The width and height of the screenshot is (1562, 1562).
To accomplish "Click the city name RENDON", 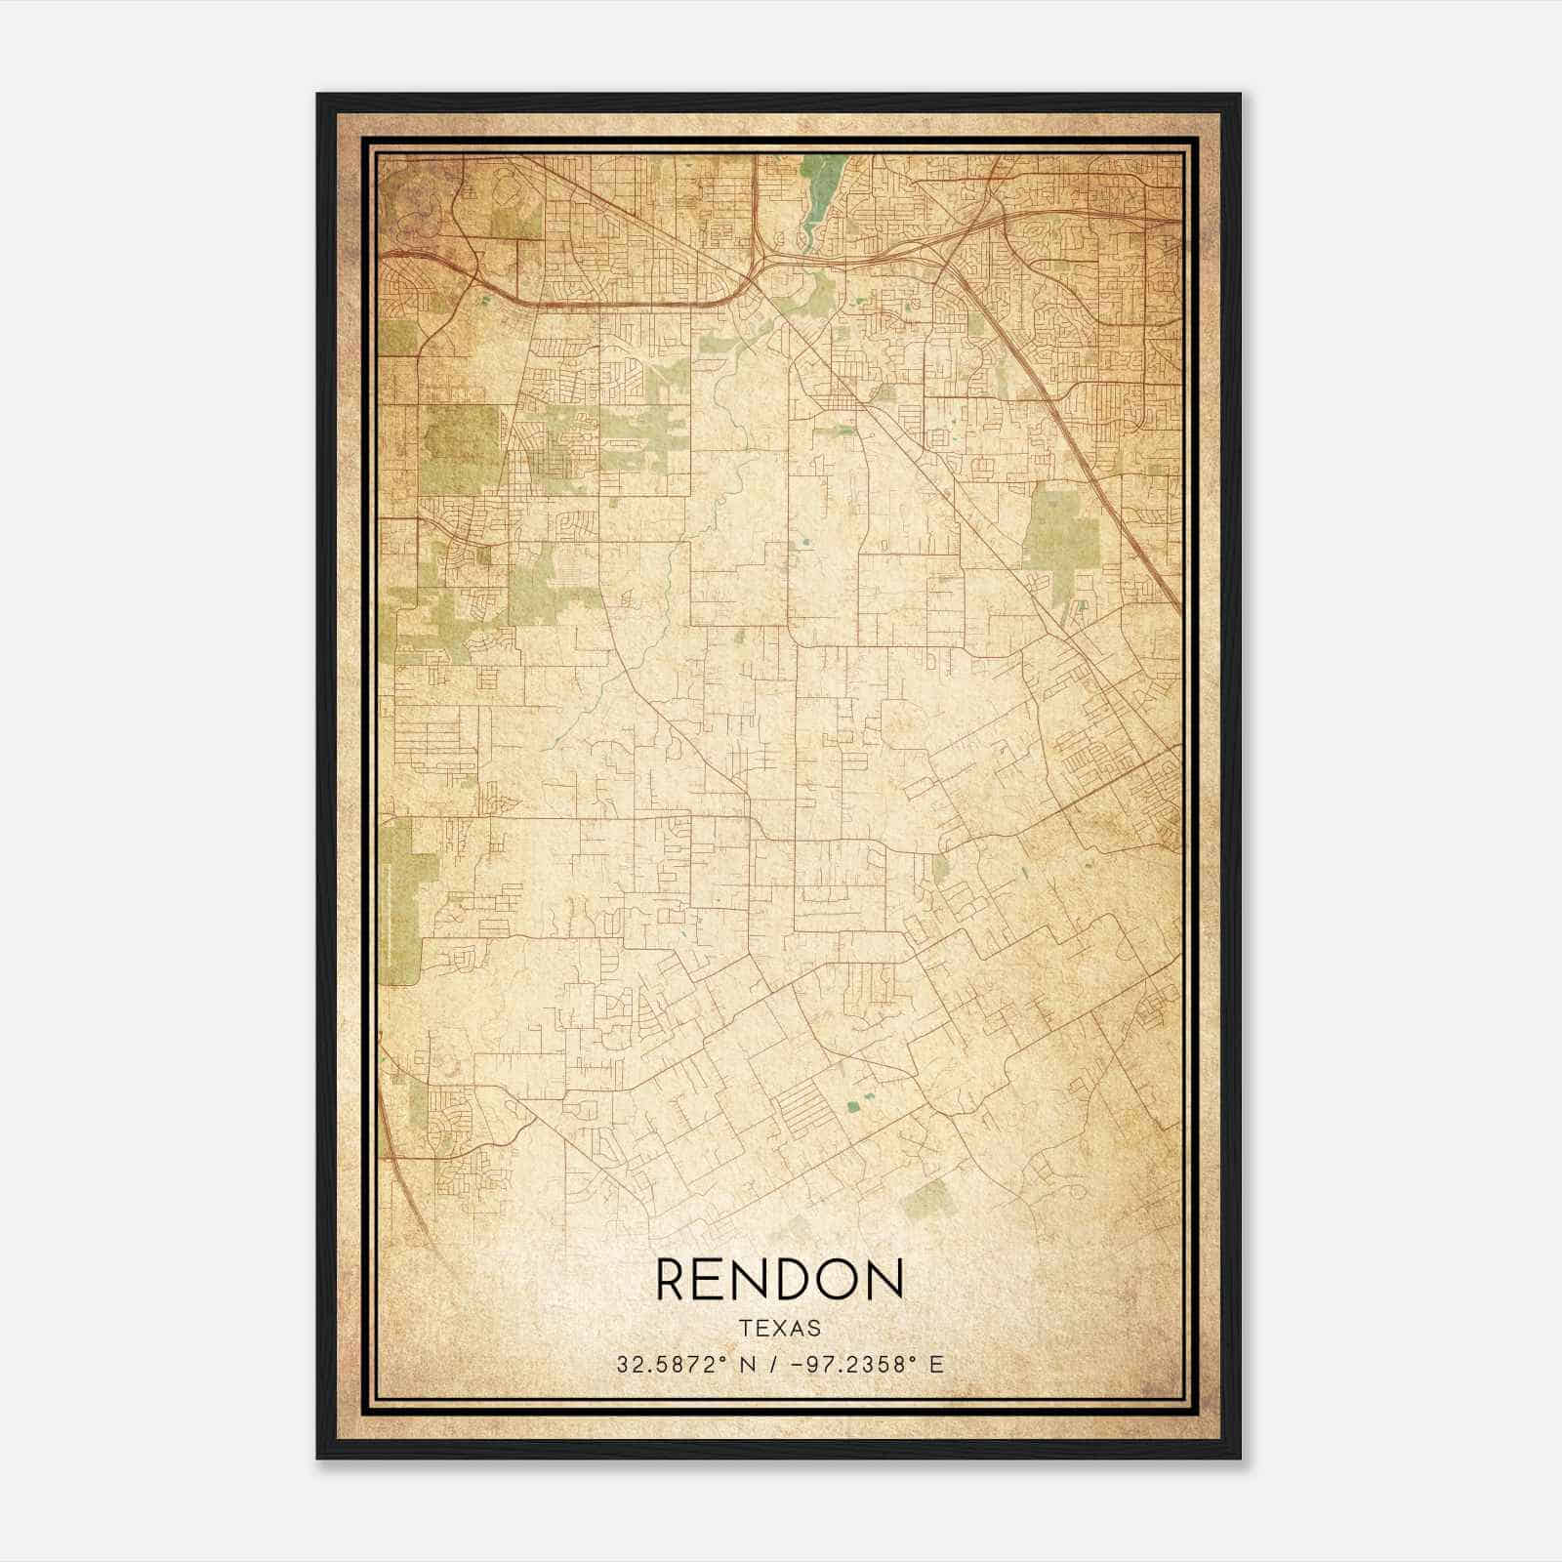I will [780, 1279].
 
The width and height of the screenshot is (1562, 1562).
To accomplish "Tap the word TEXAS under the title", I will [780, 1329].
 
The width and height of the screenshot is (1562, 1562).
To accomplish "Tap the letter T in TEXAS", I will [746, 1329].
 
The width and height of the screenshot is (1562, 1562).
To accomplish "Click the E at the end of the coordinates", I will [937, 1365].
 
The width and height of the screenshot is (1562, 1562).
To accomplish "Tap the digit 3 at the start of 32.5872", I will [621, 1365].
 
